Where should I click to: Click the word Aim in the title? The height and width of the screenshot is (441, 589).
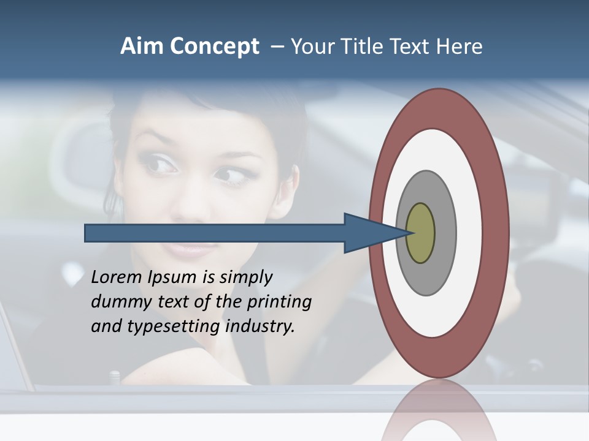141,47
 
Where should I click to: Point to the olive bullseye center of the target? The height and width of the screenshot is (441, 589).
420,233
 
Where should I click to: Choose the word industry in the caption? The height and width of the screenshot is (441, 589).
260,326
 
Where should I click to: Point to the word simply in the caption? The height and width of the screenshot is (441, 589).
245,278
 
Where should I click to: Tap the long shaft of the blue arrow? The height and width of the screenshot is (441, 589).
215,233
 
